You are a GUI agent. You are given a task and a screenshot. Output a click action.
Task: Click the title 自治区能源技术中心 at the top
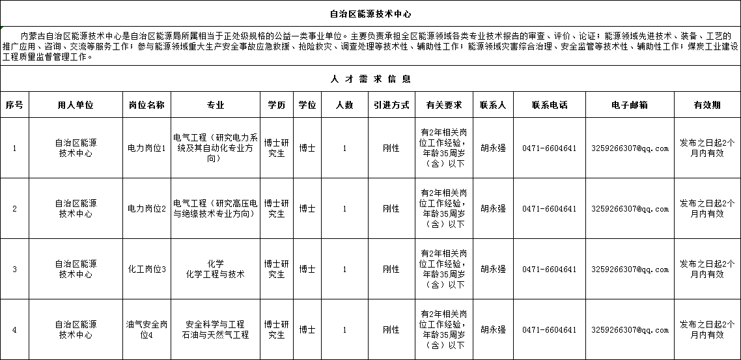(370, 13)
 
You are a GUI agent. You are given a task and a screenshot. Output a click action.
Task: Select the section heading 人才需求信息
(370, 79)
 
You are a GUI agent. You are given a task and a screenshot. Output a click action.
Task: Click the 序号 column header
(14, 105)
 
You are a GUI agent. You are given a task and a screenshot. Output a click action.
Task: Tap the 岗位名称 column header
(147, 105)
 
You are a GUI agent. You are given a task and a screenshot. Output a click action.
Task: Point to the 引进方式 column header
(391, 105)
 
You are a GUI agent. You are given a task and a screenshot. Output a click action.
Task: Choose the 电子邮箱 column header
(630, 105)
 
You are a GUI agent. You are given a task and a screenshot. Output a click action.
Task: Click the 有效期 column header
(706, 105)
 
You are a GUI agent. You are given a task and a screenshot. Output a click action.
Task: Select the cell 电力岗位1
(147, 148)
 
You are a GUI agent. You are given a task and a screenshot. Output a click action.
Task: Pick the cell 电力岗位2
(147, 209)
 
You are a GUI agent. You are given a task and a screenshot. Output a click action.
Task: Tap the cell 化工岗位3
(147, 270)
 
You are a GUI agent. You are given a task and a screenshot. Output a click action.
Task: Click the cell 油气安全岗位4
(147, 329)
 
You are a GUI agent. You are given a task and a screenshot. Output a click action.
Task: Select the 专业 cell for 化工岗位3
(215, 270)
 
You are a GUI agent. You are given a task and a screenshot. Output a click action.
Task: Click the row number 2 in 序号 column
(14, 209)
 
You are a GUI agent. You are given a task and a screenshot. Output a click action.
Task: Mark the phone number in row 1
(549, 148)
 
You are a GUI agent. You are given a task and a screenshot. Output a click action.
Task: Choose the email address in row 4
(630, 330)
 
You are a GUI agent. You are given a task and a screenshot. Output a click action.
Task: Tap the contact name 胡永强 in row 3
(493, 269)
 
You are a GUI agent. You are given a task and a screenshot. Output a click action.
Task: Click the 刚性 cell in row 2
(391, 209)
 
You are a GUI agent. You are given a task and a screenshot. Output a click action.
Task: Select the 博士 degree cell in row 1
(307, 148)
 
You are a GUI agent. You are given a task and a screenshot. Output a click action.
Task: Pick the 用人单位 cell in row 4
(76, 329)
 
